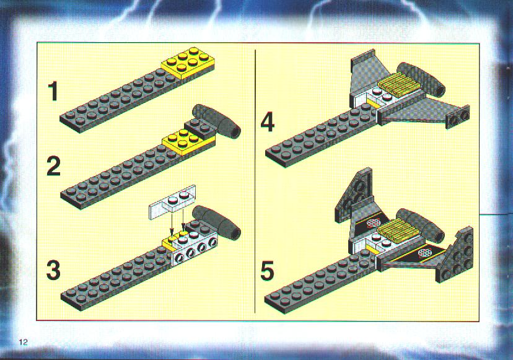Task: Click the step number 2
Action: [54, 166]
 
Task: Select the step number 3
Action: [53, 271]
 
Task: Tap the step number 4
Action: [268, 121]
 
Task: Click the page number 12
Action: [23, 342]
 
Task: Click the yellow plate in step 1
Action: [188, 63]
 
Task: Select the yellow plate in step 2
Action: [189, 142]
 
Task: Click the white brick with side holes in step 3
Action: [195, 248]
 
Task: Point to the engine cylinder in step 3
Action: [217, 222]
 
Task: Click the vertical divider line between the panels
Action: [255, 181]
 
